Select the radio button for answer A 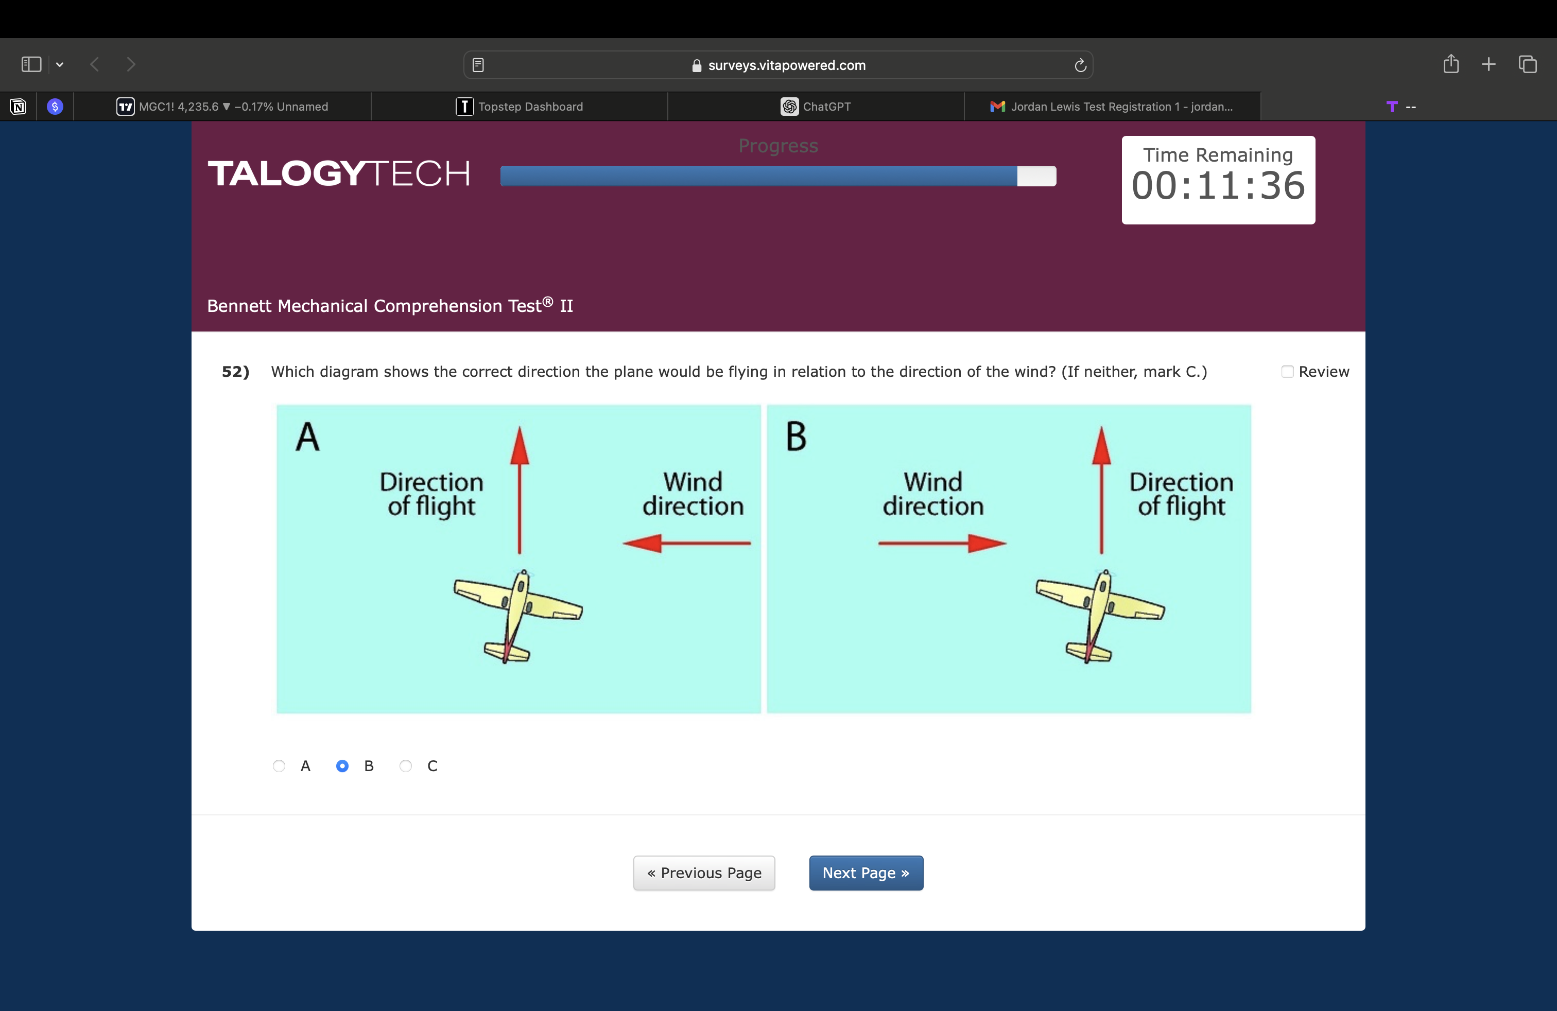click(279, 766)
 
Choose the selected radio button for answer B click(342, 766)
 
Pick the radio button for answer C click(406, 766)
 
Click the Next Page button click(866, 873)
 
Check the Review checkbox click(1287, 372)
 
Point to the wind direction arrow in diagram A click(686, 543)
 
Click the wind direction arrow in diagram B click(942, 543)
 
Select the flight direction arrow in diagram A click(520, 490)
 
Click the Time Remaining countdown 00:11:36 click(1218, 186)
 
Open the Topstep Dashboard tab click(520, 106)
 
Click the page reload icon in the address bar click(1080, 65)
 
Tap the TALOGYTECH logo click(339, 174)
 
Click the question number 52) click(235, 372)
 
